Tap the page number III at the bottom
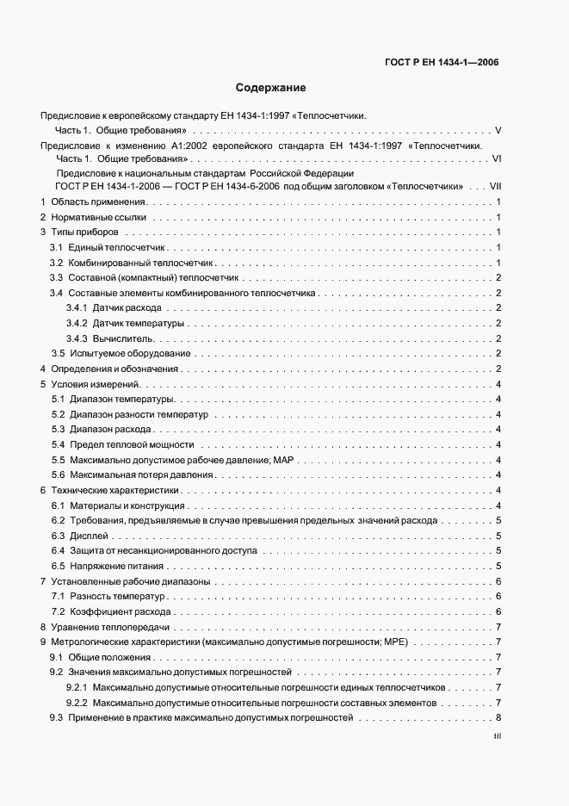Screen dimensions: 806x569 coord(497,737)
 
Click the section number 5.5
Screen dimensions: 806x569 coord(58,460)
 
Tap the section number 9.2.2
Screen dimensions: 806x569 coord(77,703)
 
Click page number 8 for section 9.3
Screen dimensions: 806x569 coord(498,718)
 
